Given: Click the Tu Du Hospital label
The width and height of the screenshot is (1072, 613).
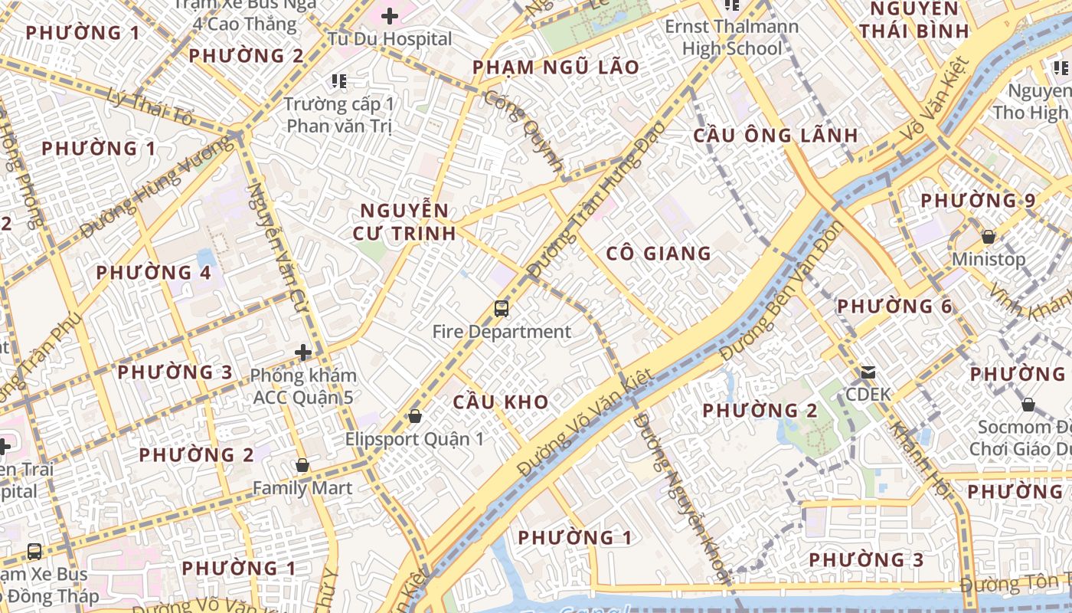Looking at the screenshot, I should pos(390,38).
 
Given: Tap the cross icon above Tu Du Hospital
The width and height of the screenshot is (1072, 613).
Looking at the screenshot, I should pos(390,15).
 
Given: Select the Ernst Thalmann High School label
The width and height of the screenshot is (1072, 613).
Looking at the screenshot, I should pos(731,38).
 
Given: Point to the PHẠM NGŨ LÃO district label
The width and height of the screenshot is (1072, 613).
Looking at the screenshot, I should pos(555,67).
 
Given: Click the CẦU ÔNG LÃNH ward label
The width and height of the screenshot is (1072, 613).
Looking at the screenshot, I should pos(775,136).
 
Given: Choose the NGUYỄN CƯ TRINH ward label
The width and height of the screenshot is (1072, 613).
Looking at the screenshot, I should pos(404,221).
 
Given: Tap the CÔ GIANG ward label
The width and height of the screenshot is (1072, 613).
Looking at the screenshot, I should pos(659,253).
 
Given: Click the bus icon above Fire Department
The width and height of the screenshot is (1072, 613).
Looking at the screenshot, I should pos(502,309).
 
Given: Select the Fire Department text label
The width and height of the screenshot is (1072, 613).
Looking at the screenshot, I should pos(502,332).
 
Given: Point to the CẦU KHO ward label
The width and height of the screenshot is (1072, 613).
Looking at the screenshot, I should pos(501,402).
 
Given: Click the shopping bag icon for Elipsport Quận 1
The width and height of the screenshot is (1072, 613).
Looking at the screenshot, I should pos(415,416).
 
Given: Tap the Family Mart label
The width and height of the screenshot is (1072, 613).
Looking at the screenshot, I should pos(302,488).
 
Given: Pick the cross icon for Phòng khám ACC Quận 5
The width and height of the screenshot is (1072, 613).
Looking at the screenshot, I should pos(304,352).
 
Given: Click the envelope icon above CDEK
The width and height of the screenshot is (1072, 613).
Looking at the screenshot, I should pos(868,372).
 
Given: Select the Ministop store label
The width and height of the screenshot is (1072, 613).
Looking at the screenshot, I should pos(988,259).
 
